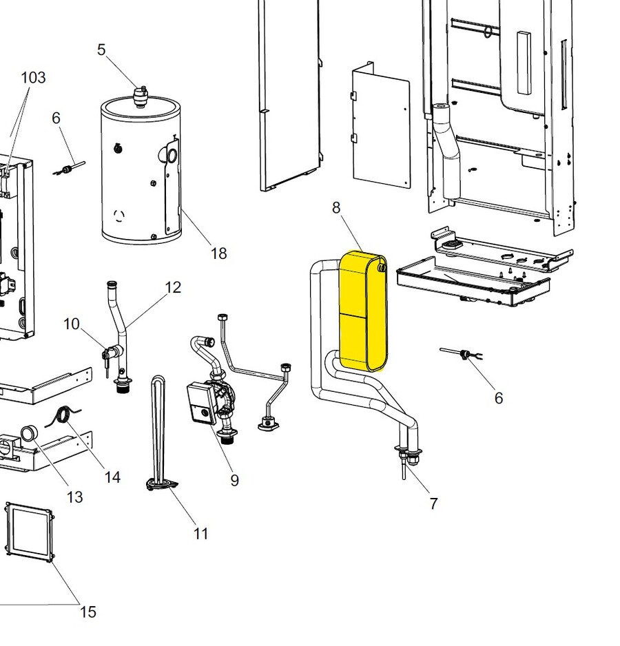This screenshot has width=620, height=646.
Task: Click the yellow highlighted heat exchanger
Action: (363, 312)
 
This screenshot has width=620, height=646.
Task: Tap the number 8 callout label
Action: (336, 207)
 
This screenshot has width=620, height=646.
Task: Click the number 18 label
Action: (218, 254)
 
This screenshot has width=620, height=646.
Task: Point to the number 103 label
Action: (33, 77)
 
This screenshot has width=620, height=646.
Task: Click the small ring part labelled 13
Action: (30, 434)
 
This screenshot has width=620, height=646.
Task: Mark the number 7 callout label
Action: (433, 503)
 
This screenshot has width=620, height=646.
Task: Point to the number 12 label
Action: (173, 287)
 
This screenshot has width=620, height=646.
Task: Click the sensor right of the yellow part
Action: (462, 355)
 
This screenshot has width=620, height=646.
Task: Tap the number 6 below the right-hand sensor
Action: (498, 398)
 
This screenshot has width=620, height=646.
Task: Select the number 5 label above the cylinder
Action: (102, 50)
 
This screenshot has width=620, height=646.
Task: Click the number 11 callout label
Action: (200, 533)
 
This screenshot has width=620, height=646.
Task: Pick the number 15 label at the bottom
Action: (87, 612)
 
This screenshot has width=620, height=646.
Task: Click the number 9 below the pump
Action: (234, 480)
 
